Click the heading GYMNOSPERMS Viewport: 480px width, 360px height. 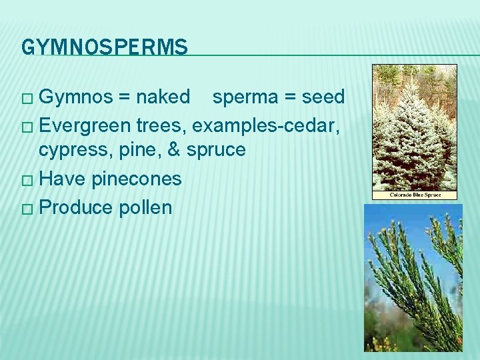pos(105,47)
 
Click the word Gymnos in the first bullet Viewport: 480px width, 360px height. pos(76,97)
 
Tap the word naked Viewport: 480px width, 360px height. pos(163,97)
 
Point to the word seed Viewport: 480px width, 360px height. pos(323,97)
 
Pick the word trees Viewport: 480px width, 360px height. pos(161,125)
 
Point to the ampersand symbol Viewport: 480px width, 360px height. pos(174,150)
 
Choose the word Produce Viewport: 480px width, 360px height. pos(76,207)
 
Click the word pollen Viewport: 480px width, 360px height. pos(145,207)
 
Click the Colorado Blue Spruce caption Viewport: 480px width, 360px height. pos(414,195)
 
